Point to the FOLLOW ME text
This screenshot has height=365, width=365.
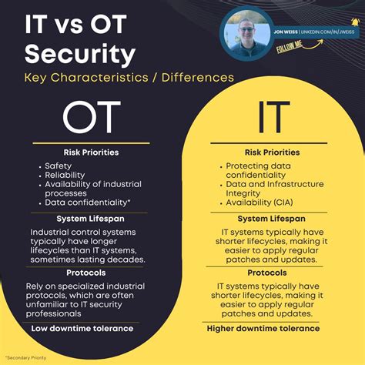click(290, 47)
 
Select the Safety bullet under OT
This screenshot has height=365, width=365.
click(59, 166)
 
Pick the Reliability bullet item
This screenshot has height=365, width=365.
click(65, 176)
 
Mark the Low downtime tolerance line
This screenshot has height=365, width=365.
click(82, 328)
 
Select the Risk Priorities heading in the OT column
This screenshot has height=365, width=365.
click(91, 152)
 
